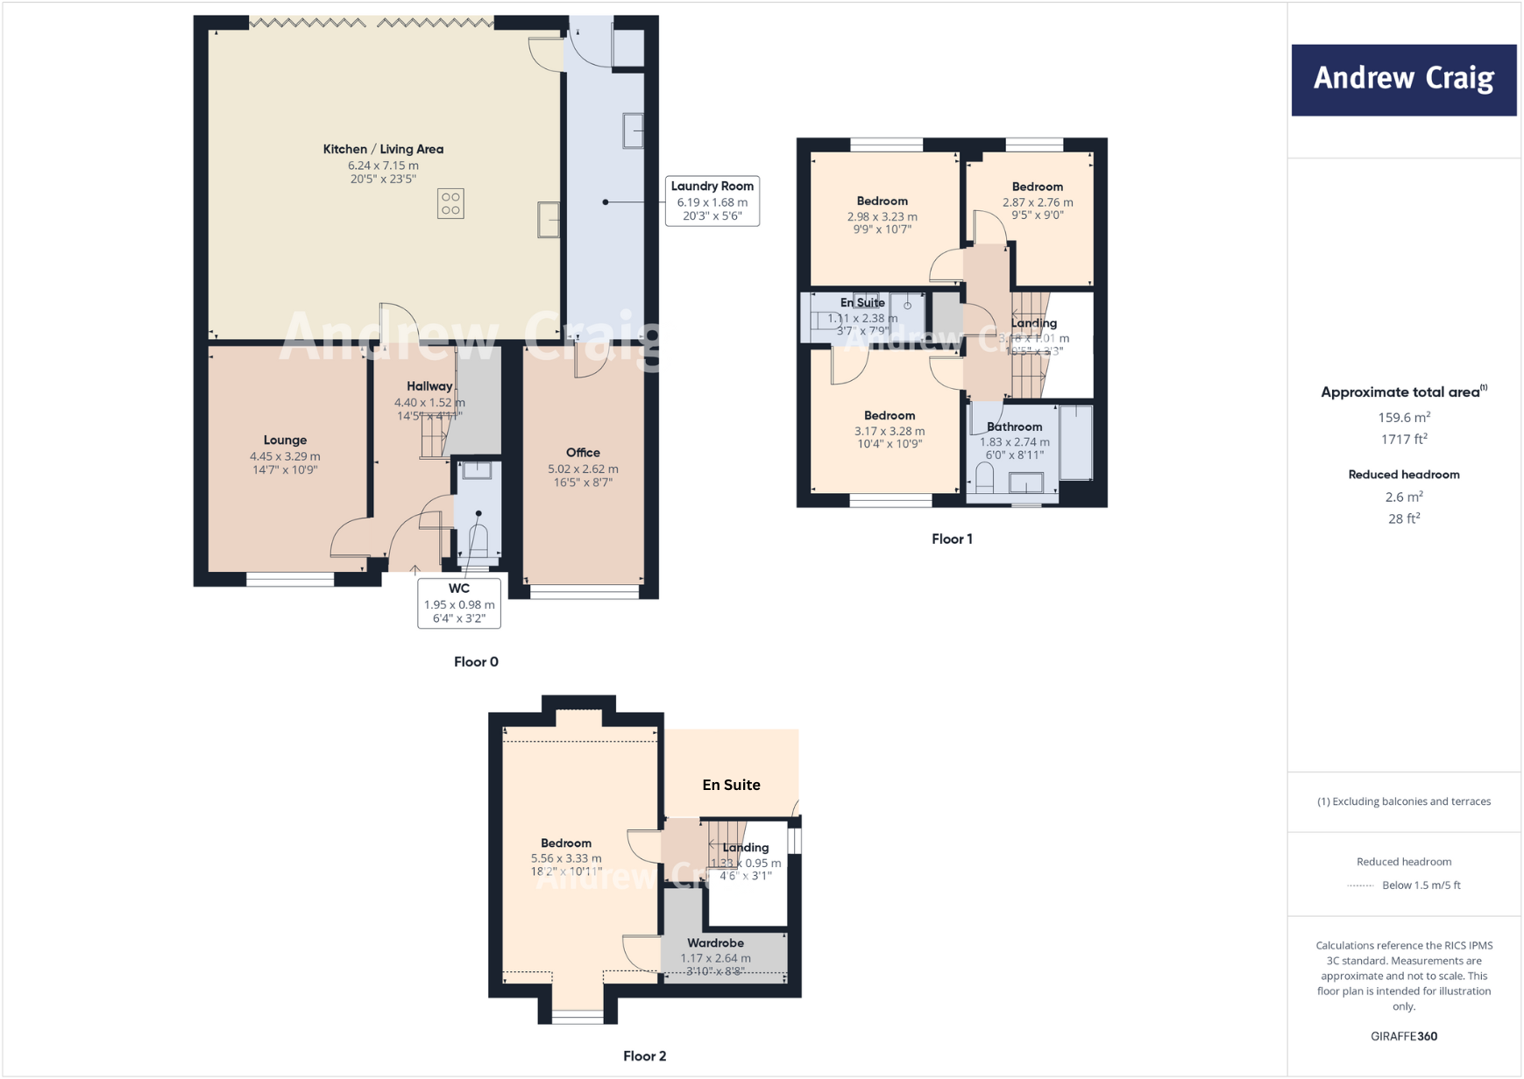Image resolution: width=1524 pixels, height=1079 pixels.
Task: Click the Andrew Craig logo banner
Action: pos(1403,80)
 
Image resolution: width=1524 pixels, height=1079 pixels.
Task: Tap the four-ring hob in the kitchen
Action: pos(450,203)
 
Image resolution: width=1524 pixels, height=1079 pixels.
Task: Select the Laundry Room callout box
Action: pos(712,201)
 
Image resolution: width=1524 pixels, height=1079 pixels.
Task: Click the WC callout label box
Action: pos(459,603)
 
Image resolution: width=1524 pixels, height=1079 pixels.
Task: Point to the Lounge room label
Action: pos(285,440)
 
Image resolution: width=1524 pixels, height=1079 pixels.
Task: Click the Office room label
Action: pos(583,453)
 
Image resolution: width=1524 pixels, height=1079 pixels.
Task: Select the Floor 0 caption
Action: pos(476,662)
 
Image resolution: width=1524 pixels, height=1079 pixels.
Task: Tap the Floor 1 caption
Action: pos(952,539)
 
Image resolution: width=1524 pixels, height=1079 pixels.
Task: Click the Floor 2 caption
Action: pos(644,1056)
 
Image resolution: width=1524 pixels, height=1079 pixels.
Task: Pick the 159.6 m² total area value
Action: pos(1403,418)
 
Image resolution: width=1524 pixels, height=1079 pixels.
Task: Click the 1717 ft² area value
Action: pos(1403,440)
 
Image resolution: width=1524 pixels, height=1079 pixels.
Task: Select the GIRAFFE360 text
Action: pos(1403,1036)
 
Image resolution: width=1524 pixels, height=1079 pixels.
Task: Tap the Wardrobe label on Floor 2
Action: pos(715,943)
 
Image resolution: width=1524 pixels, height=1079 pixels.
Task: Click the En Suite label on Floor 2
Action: pos(731,785)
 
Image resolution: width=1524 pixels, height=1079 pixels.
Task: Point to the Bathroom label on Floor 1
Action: pos(1014,427)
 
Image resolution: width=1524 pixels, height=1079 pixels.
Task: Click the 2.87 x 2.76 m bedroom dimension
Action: pos(1038,202)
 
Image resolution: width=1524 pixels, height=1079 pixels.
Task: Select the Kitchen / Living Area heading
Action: pos(383,149)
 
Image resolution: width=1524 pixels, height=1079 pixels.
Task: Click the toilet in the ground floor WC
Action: pos(478,539)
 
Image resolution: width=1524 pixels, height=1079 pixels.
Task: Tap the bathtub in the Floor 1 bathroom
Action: pos(1076,441)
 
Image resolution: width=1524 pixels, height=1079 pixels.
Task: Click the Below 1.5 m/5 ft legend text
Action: pos(1421,885)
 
